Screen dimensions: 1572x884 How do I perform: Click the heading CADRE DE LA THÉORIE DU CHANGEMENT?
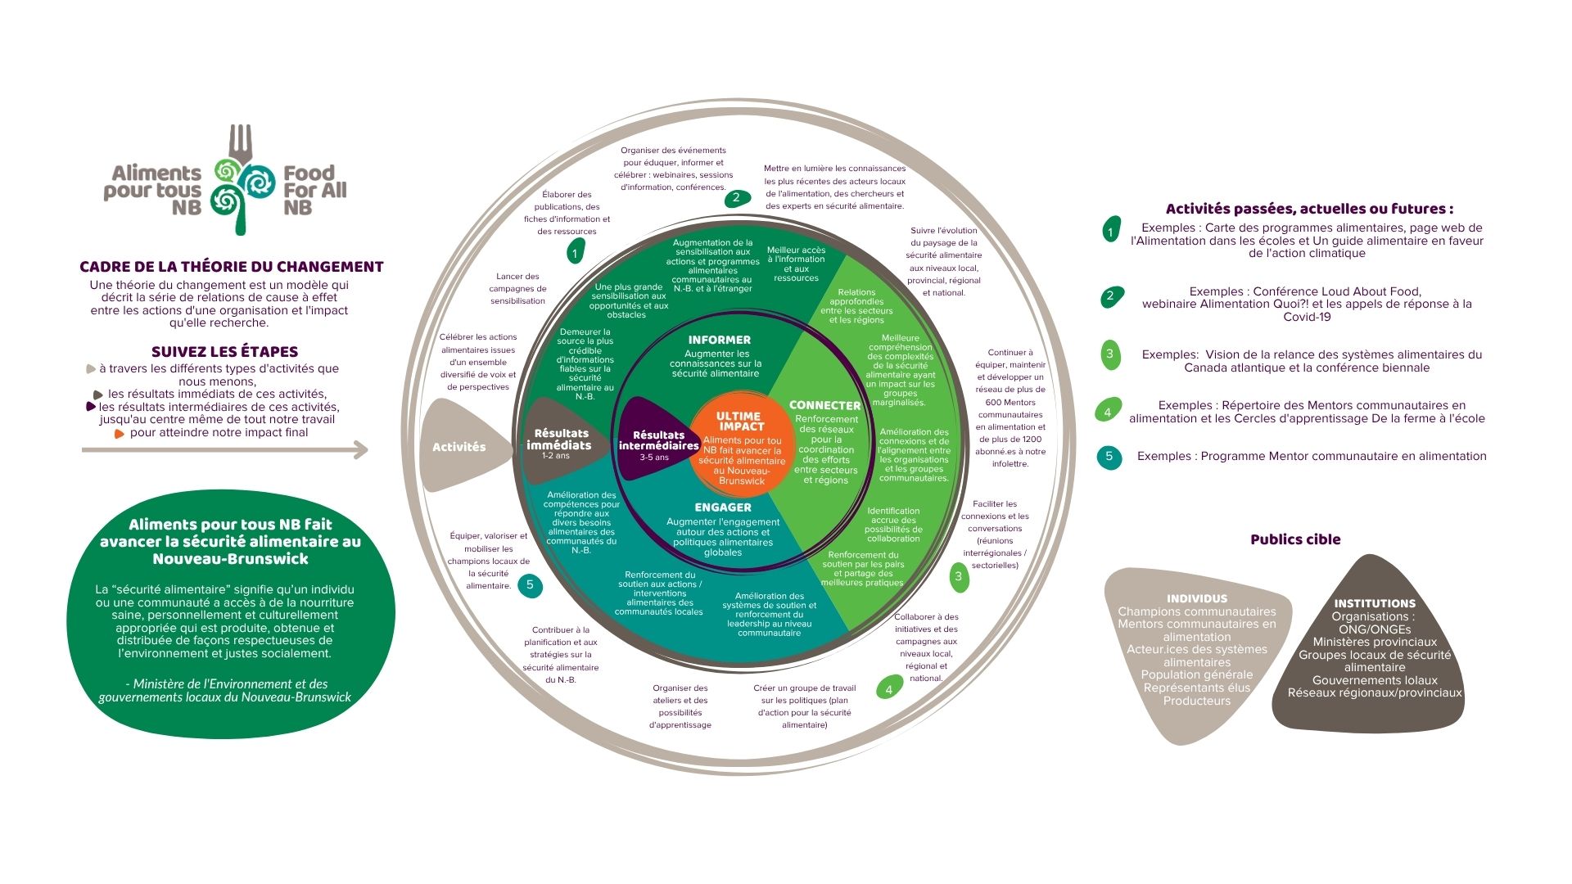pos(232,267)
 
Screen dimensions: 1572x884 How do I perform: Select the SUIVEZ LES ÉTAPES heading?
pos(225,352)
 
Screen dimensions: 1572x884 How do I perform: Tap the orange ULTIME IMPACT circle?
pos(742,447)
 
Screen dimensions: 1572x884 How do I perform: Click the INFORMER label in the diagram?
pos(720,340)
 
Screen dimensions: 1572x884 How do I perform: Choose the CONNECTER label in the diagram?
pos(824,405)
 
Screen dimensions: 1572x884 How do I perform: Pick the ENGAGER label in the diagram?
pos(723,507)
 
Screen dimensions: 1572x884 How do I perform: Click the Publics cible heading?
pos(1295,539)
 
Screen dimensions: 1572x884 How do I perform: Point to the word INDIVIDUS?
pos(1197,599)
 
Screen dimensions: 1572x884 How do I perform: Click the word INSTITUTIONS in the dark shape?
pos(1375,604)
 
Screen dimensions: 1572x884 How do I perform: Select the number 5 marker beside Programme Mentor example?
pos(1109,456)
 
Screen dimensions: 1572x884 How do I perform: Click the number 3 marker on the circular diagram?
pos(959,576)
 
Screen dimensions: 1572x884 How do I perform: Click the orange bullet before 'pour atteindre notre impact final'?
pos(120,434)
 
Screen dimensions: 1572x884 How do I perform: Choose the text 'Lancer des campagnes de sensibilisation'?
pos(517,289)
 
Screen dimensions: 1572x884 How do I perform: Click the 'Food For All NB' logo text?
pos(315,190)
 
